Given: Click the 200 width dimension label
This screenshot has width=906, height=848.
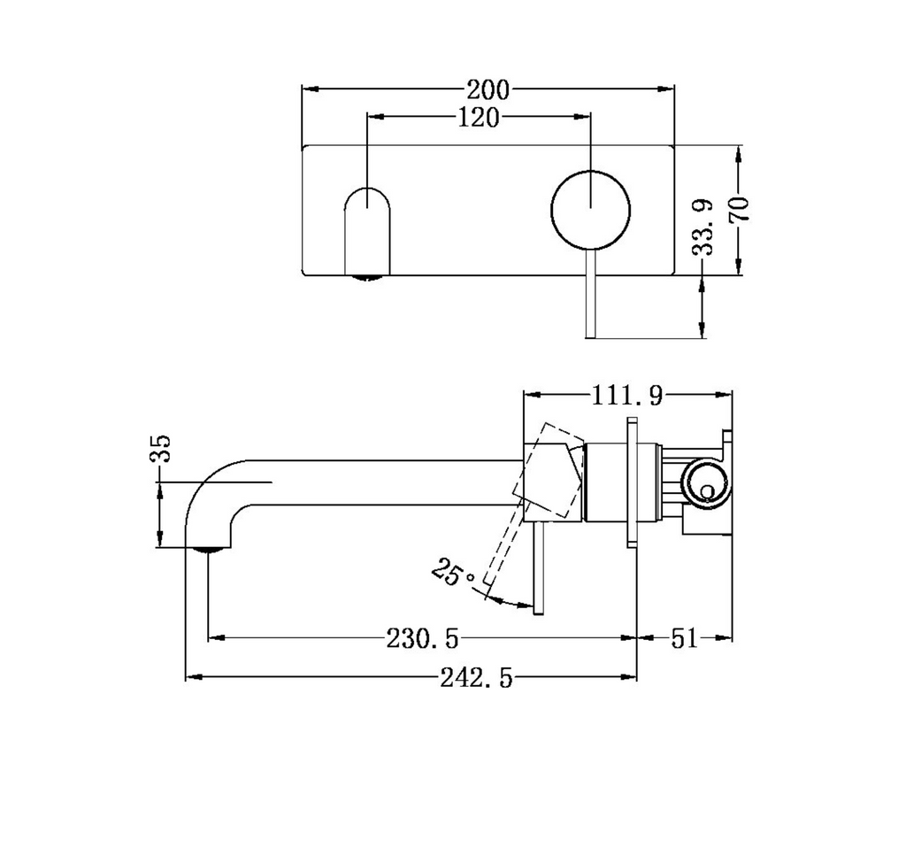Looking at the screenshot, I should pos(488,89).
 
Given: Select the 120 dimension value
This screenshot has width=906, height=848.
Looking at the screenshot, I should pos(479,117).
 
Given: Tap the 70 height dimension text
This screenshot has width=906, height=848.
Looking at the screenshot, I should pos(739,209).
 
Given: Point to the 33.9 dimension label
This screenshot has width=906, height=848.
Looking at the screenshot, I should pos(703,227).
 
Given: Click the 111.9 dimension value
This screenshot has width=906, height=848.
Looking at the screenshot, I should pos(627,396).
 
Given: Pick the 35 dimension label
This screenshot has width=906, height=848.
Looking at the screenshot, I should pos(160,450).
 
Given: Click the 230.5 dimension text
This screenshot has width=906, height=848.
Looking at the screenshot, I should pos(423,637).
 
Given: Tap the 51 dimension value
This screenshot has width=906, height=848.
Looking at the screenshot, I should pos(684,637).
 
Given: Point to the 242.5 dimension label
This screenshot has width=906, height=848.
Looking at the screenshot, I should pos(476,679).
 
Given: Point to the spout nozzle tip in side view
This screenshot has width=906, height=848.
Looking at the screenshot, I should pos(207,549).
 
